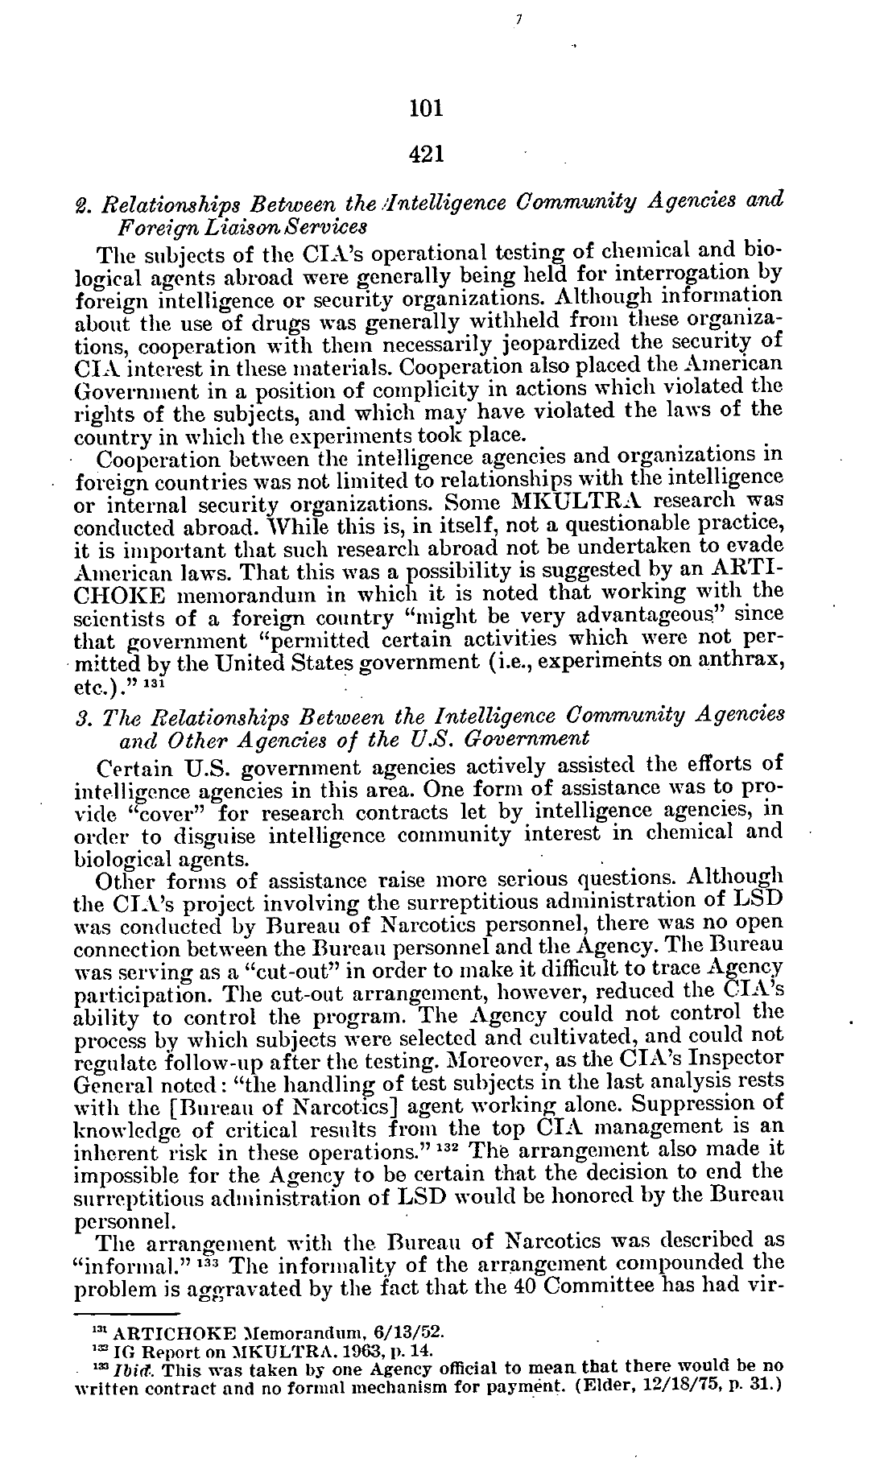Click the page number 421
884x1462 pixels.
(426, 153)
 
